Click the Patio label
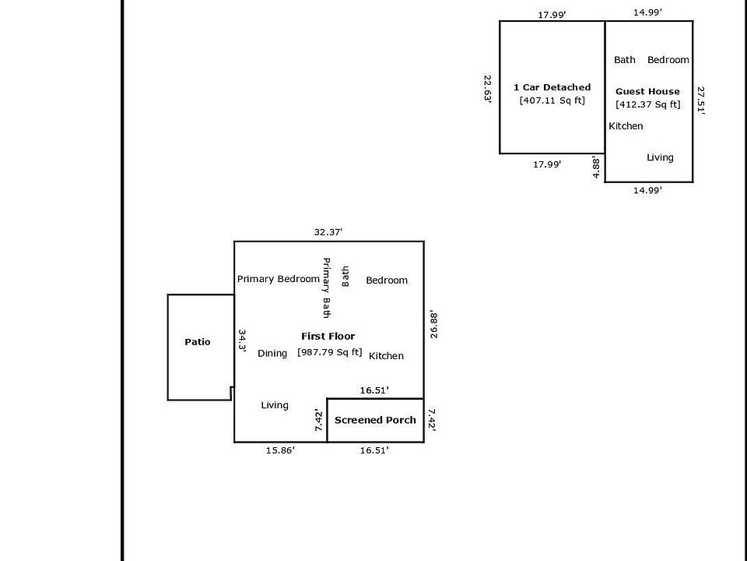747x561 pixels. [198, 342]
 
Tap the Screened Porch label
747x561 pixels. [375, 420]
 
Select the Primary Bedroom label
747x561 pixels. [278, 279]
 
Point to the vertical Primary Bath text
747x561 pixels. [327, 288]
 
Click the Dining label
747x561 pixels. [272, 354]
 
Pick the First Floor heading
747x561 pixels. [328, 337]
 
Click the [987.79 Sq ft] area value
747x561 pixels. [330, 352]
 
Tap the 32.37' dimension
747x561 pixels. [328, 232]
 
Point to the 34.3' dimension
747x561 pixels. [242, 341]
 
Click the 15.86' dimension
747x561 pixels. [279, 450]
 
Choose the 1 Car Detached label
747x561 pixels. [552, 87]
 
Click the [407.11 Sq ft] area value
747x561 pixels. [552, 101]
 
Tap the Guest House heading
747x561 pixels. [647, 91]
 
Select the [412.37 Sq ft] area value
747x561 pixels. [647, 104]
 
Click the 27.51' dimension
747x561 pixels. [701, 101]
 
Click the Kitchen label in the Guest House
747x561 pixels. [626, 126]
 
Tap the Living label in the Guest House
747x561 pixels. [660, 157]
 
